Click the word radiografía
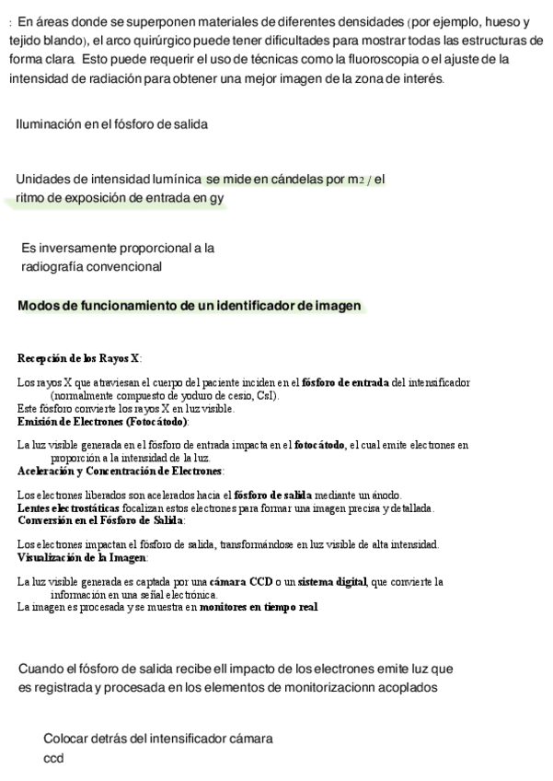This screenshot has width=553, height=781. coord(54,267)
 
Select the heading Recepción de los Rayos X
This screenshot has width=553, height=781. coord(79,358)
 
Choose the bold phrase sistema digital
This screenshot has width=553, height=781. coord(329,582)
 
